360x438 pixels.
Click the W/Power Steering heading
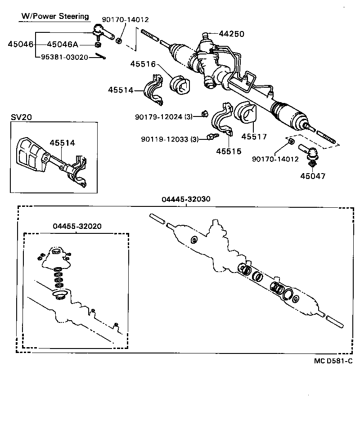click(55, 17)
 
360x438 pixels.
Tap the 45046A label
click(63, 44)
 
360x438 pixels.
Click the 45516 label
click(143, 64)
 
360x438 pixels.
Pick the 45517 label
click(254, 136)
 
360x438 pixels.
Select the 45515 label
click(228, 151)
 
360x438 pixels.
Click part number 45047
click(313, 176)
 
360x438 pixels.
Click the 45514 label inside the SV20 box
click(62, 143)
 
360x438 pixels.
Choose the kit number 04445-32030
click(186, 199)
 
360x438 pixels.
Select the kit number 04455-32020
click(76, 226)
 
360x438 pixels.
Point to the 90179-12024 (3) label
click(164, 116)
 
